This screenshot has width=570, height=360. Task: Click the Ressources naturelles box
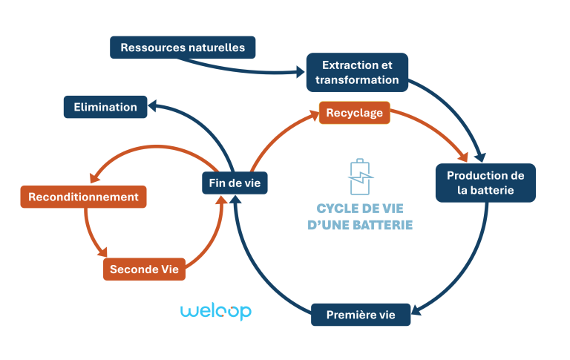click(183, 48)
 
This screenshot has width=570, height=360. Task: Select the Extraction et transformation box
click(357, 72)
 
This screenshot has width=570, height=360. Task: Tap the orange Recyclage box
click(354, 113)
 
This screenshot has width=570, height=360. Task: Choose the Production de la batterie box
click(485, 183)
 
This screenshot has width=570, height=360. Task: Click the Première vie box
click(361, 315)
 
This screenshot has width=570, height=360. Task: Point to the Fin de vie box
click(235, 183)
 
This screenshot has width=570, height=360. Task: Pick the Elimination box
click(105, 107)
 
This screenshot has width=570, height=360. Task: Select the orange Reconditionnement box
click(83, 197)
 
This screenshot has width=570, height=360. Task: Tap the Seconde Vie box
click(144, 269)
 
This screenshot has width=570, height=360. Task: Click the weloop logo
click(216, 311)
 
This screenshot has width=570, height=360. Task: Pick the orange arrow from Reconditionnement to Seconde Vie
click(89, 234)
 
